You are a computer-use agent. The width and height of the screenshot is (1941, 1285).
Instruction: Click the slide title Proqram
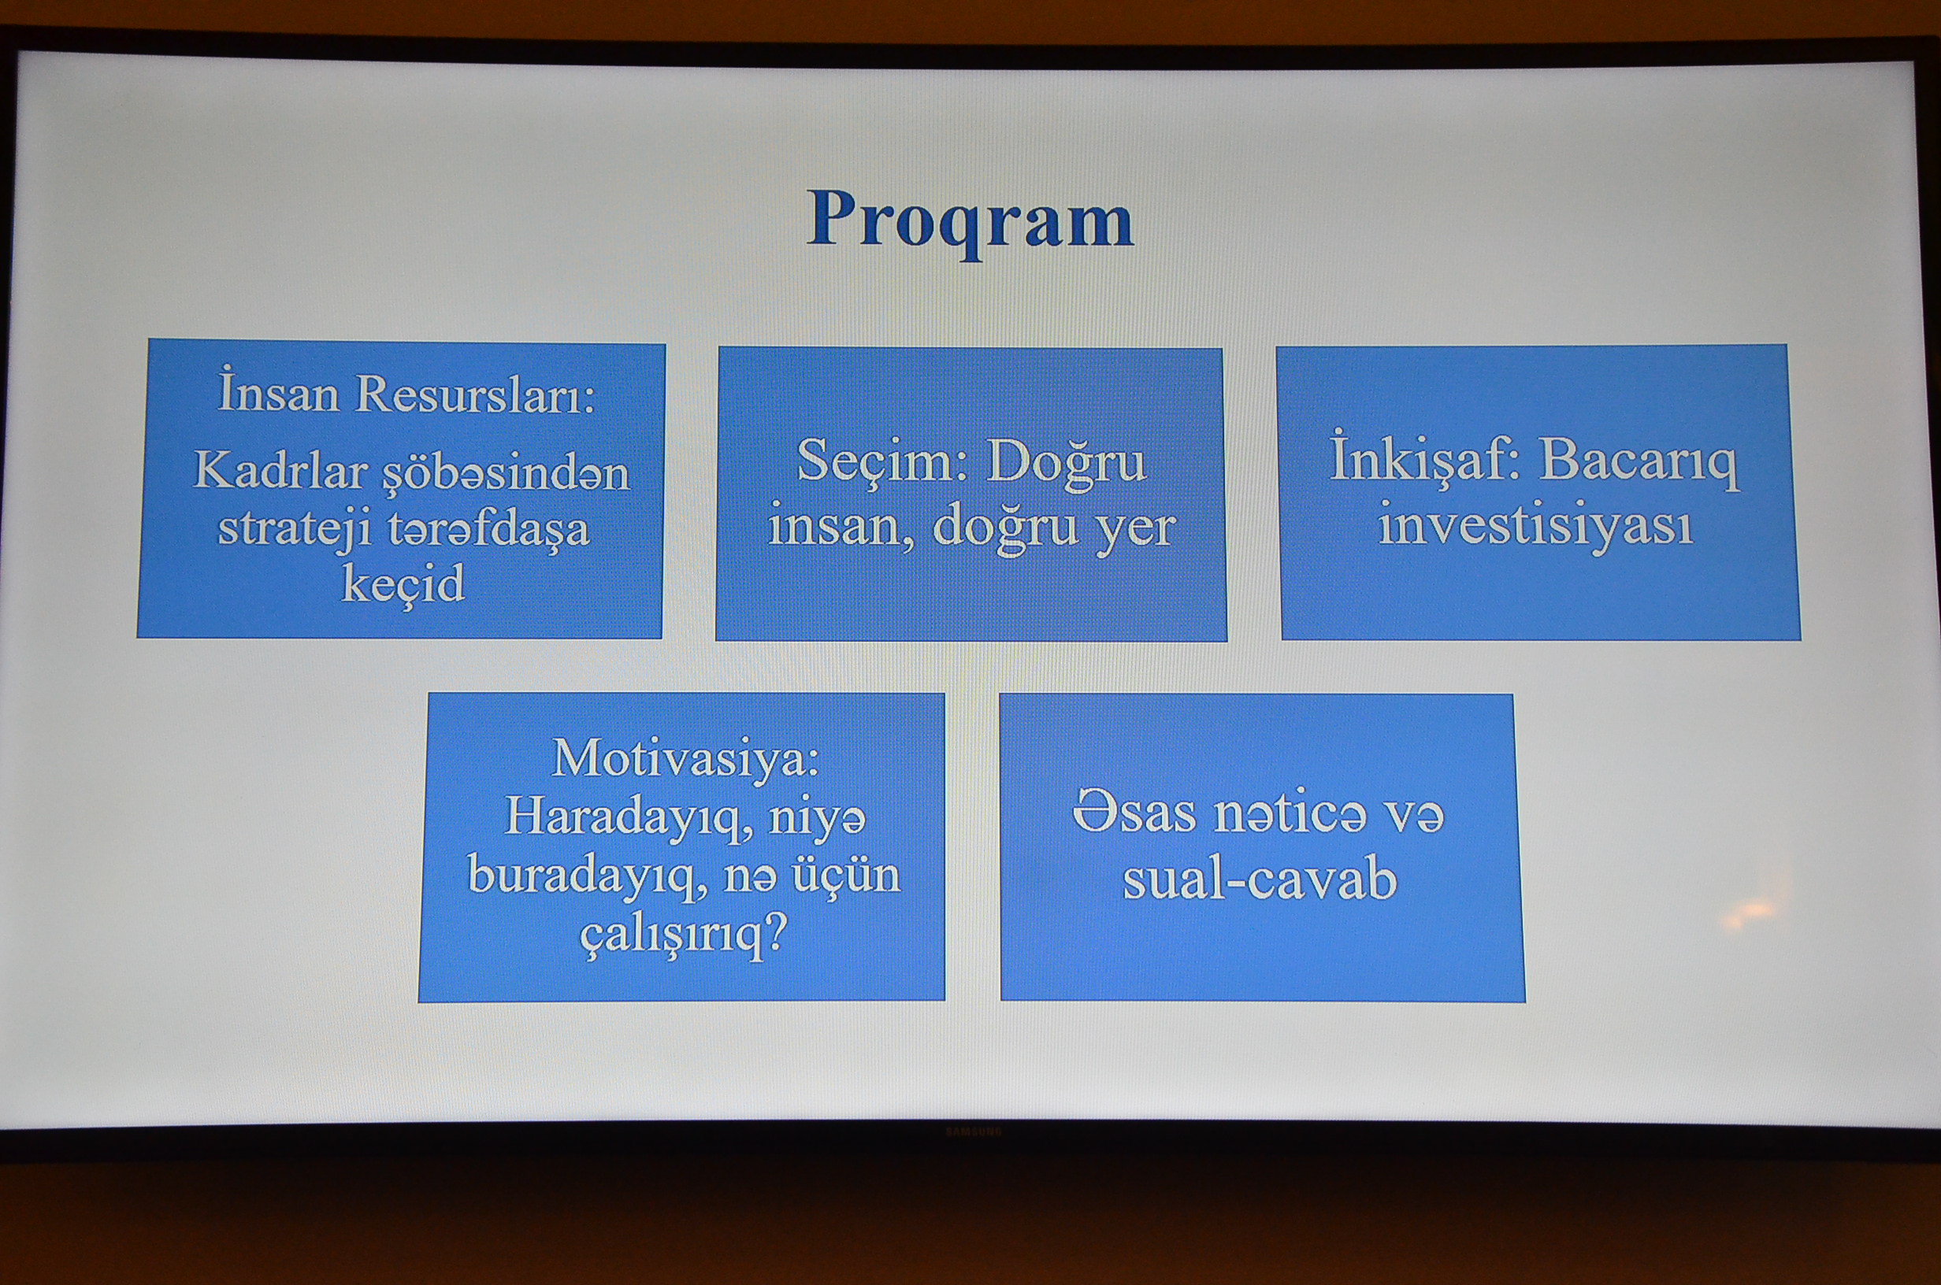point(970,220)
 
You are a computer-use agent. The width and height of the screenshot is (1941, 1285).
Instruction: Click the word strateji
point(294,528)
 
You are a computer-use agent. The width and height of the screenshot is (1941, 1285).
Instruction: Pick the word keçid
point(403,584)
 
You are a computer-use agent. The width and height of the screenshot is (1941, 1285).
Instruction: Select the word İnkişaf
point(1424,461)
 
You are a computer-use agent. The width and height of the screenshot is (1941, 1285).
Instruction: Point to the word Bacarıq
point(1639,462)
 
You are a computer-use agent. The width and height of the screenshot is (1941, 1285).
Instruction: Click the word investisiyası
point(1535,524)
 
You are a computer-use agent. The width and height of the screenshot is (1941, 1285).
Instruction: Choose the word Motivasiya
point(685,758)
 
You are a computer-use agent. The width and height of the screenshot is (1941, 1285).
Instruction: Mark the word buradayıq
point(588,876)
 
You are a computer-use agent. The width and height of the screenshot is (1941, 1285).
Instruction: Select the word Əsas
point(1134,815)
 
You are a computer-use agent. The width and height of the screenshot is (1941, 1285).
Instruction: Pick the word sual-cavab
point(1259,880)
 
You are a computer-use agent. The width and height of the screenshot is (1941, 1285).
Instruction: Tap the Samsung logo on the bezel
point(974,1131)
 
